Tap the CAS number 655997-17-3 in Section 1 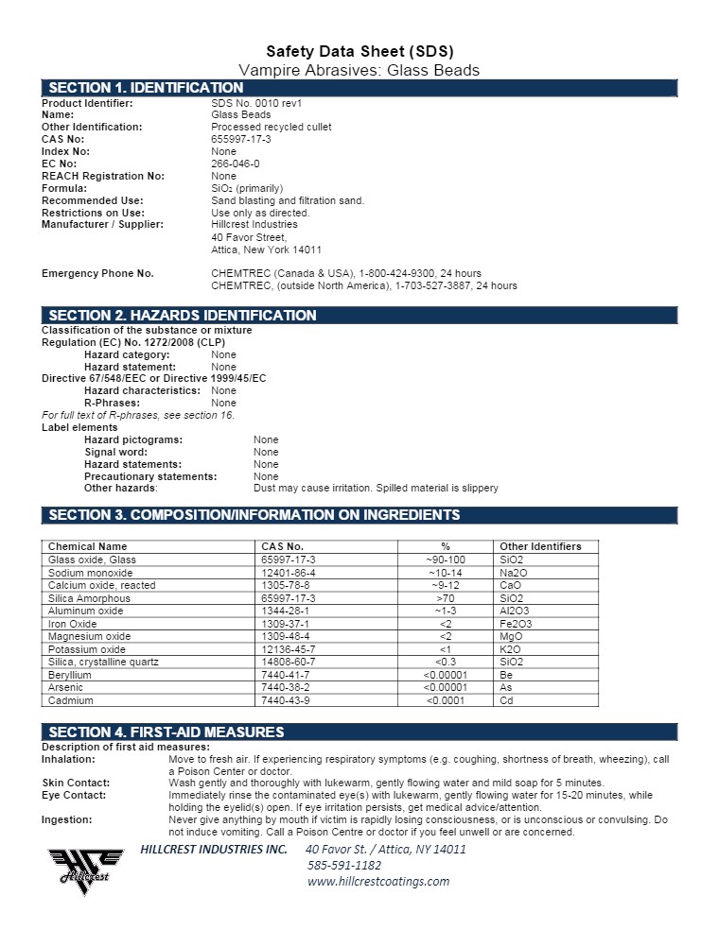(241, 139)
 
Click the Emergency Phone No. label (97, 273)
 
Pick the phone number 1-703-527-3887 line (364, 285)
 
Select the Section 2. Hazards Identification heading (182, 315)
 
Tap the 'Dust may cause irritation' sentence (376, 488)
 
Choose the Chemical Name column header (87, 546)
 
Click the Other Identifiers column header (540, 546)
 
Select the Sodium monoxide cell (90, 573)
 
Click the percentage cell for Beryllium (445, 675)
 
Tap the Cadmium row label (70, 700)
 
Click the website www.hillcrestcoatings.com (378, 881)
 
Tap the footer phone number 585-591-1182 (344, 865)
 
